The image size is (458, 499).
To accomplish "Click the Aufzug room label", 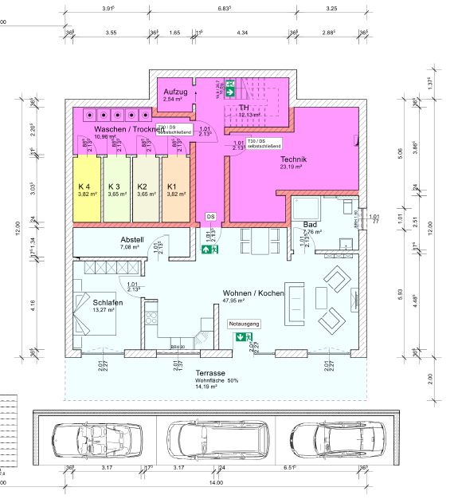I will [x=175, y=92].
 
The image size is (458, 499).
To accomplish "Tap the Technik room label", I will [x=294, y=159].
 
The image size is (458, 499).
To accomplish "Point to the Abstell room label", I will [x=132, y=239].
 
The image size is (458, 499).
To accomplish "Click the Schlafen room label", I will [x=108, y=303].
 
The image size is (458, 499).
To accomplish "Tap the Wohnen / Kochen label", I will [x=253, y=294].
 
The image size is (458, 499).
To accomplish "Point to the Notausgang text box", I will [x=245, y=324].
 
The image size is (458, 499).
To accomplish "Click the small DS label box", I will [x=211, y=216].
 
